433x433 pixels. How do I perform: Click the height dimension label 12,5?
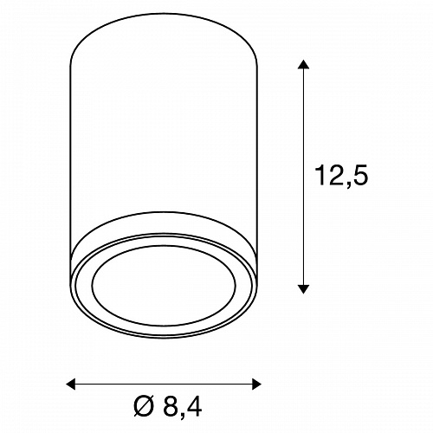342,176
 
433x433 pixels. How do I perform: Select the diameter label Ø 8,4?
168,406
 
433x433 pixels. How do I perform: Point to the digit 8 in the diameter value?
171,406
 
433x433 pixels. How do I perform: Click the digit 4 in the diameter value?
193,406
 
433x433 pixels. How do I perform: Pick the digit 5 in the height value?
360,175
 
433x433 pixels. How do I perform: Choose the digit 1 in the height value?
320,175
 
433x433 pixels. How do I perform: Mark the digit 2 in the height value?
337,175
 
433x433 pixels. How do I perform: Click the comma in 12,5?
348,184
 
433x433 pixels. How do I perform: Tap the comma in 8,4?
182,416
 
